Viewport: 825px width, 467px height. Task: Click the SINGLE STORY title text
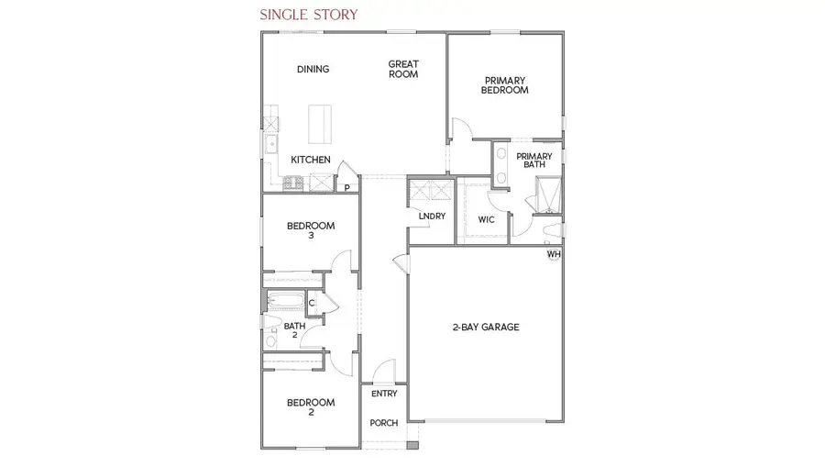tap(308, 15)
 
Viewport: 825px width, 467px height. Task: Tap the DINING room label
tap(313, 70)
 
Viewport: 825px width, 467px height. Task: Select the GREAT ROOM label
tap(403, 70)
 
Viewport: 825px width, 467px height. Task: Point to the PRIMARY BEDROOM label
tap(505, 85)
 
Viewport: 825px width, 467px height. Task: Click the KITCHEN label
tap(311, 160)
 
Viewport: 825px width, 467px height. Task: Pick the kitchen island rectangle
tap(320, 124)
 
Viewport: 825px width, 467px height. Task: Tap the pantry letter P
tap(346, 188)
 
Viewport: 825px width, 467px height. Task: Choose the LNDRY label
tap(431, 217)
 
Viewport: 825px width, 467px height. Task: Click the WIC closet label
tap(487, 220)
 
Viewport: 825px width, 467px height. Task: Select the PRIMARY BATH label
tap(533, 161)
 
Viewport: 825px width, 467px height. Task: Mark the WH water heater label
tap(553, 254)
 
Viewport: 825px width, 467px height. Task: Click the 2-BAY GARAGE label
tap(486, 327)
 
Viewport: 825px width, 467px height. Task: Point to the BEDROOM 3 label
tap(310, 230)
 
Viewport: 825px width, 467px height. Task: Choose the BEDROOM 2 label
tap(310, 407)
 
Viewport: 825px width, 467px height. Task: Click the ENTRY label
tap(384, 394)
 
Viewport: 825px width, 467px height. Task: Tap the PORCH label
tap(383, 423)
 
